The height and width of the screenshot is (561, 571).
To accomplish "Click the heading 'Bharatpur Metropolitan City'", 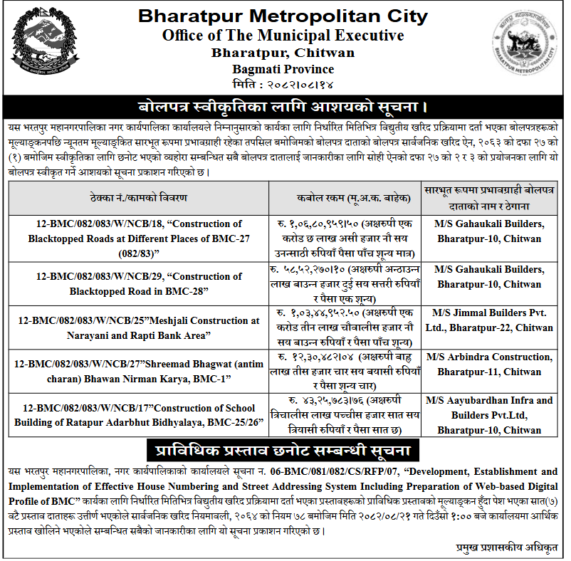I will tap(283, 16).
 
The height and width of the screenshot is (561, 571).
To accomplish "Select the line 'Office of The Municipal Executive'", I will tap(283, 35).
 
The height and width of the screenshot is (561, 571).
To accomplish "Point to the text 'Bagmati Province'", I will tap(283, 69).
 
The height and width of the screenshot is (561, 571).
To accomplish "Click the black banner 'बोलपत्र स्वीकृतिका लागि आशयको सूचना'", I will tap(283, 108).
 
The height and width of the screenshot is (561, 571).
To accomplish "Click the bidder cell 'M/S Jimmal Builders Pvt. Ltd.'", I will tap(492, 320).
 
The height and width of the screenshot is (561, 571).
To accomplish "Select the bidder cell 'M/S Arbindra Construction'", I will tap(492, 364).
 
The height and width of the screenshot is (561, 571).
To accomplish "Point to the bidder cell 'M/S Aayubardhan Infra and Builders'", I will tap(492, 416).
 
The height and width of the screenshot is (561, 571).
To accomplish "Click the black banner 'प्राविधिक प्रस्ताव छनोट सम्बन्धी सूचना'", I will tap(283, 451).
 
